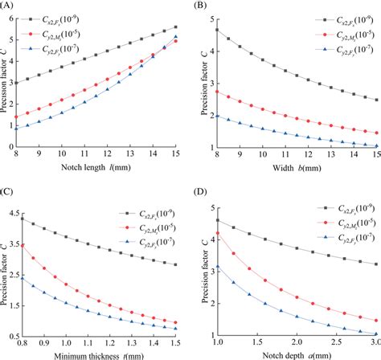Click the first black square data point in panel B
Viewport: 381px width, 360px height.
[218, 30]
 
